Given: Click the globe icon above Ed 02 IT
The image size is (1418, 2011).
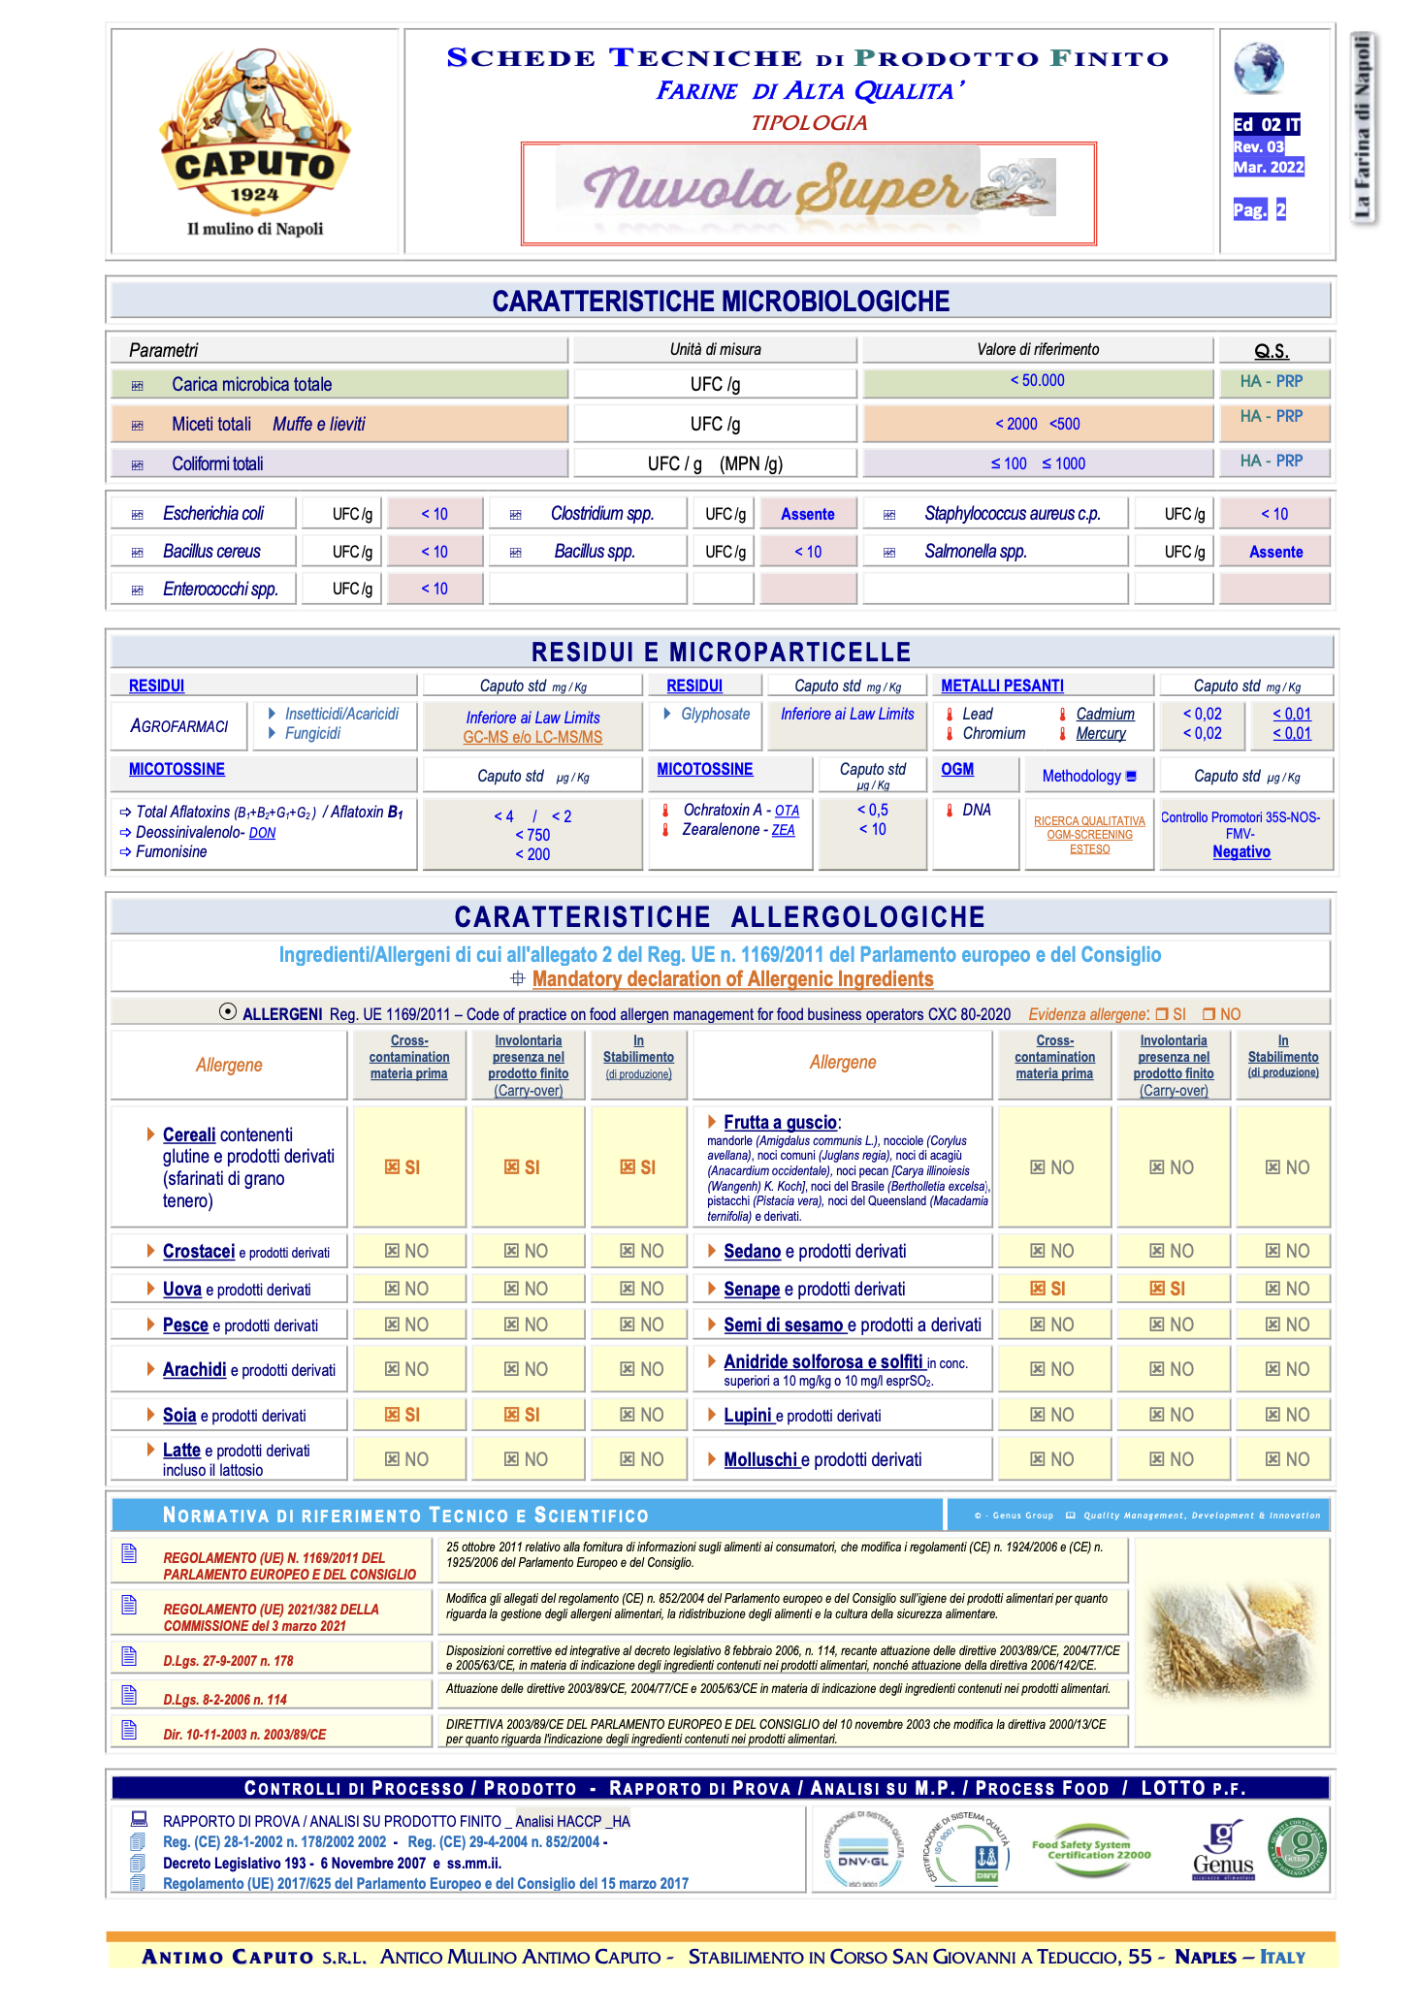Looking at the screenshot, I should (1258, 68).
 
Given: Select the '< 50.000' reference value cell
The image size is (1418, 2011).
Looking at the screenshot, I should (1037, 381).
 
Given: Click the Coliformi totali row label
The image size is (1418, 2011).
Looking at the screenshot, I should (217, 463).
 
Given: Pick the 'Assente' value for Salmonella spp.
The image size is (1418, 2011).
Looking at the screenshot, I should (1275, 552).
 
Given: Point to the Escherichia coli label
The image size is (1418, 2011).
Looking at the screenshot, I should (213, 514).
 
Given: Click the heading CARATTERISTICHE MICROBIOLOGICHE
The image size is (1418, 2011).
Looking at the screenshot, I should (721, 302).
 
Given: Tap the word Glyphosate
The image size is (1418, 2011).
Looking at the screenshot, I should (715, 714).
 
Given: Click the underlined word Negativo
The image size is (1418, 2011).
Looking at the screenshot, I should (1241, 851).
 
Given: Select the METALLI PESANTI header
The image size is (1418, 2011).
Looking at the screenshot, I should (1002, 686).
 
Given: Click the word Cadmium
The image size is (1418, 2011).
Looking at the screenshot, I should (1105, 714).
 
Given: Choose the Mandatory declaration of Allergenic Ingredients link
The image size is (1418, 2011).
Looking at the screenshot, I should (732, 979).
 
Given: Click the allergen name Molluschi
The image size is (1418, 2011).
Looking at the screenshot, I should (760, 1459).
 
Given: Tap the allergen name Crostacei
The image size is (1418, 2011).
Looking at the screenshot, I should (199, 1252).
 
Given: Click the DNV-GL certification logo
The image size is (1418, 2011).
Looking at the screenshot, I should (862, 1851).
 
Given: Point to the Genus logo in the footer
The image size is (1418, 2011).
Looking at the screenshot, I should (1223, 1851).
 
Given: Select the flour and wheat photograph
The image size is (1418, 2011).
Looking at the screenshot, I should (1231, 1639).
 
